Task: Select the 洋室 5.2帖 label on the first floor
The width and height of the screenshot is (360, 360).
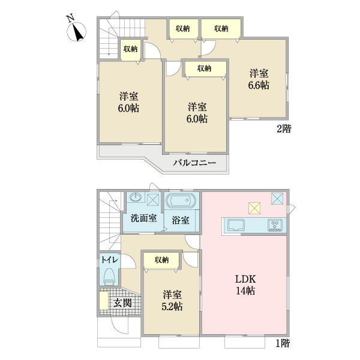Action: [171, 300]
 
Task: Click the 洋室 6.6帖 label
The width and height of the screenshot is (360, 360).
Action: [259, 79]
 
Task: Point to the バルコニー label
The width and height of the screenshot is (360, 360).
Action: [196, 162]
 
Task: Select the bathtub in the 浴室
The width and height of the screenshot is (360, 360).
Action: [181, 200]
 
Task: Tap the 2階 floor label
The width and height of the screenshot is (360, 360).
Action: [283, 128]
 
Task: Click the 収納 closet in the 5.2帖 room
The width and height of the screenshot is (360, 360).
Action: [161, 260]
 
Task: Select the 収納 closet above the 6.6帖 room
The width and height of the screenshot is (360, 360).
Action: [221, 28]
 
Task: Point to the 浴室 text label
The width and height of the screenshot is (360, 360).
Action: [181, 220]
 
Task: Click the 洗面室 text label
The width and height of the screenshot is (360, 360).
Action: [144, 218]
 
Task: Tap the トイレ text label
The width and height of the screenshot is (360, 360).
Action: [109, 259]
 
